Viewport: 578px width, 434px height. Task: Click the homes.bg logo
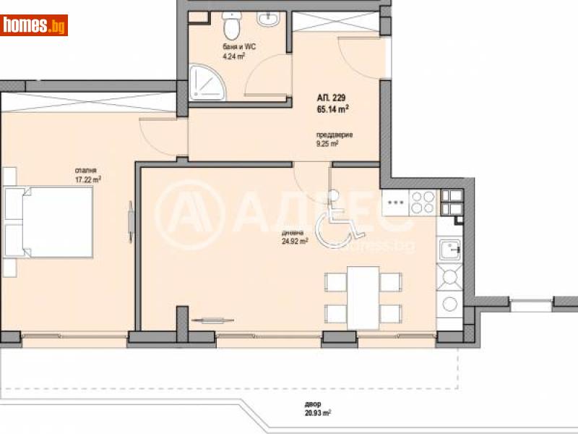coord(34,26)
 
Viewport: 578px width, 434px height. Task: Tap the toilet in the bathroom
coord(232,27)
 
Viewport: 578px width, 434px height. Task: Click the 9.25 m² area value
coord(327,143)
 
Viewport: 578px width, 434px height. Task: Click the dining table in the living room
coord(363,294)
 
